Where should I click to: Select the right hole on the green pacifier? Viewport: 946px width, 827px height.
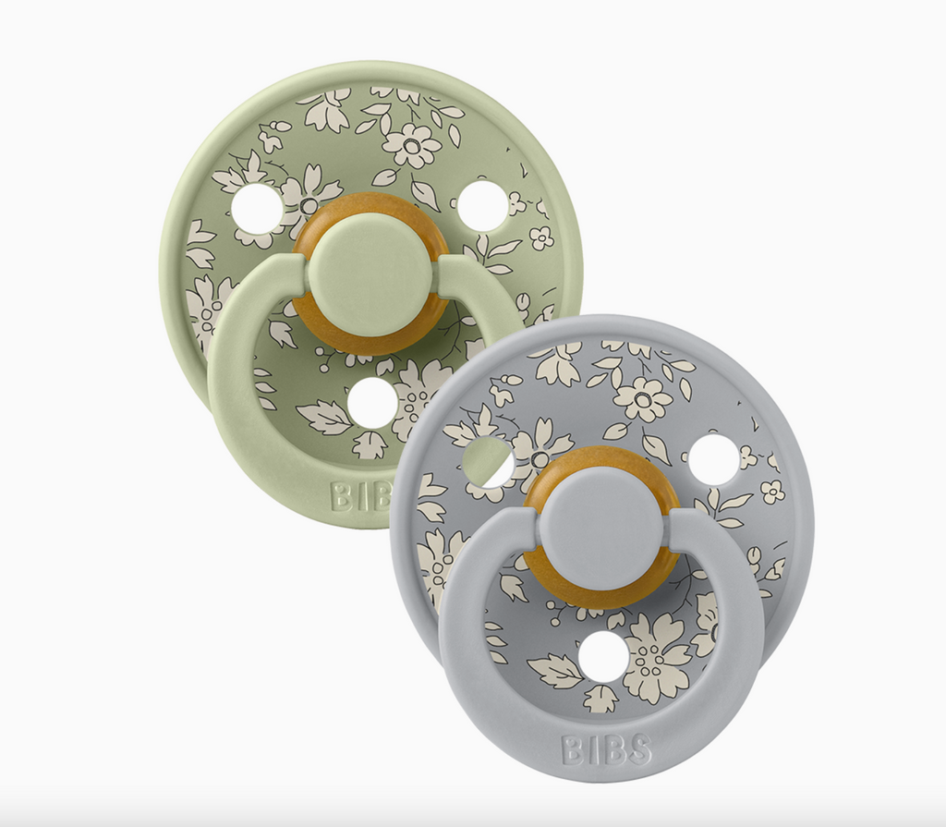click(482, 205)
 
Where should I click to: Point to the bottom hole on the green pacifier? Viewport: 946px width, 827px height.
click(372, 404)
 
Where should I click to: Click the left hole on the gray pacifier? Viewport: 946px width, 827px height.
click(490, 463)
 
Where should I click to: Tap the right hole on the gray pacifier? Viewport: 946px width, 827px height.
click(714, 458)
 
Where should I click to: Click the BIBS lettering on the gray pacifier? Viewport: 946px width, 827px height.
click(606, 750)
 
